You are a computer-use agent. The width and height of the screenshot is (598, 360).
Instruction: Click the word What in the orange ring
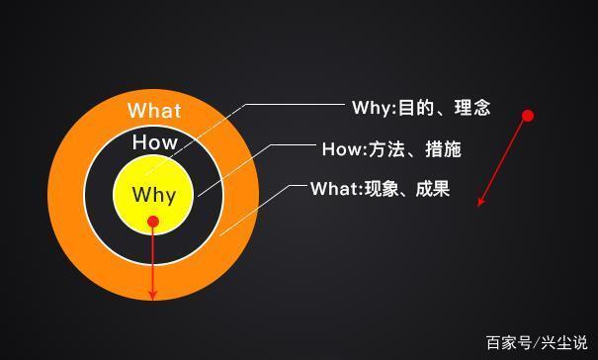point(154,110)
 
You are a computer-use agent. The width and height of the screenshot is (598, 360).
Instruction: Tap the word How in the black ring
point(155,142)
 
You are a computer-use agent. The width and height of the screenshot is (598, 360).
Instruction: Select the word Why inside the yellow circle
point(154,194)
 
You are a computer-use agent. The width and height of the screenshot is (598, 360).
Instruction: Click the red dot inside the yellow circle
point(153,222)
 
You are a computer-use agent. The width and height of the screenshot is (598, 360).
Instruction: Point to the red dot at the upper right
point(528,116)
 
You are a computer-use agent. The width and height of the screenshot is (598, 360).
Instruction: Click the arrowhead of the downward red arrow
point(153,294)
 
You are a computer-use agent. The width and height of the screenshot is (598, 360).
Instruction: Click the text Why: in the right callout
point(373,108)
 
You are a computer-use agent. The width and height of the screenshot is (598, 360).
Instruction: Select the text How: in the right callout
point(343,150)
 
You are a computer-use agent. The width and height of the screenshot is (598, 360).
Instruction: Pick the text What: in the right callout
point(337,188)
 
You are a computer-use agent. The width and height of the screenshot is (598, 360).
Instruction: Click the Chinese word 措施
point(440,150)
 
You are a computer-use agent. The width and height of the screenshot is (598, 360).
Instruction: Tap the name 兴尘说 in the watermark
point(563,343)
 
